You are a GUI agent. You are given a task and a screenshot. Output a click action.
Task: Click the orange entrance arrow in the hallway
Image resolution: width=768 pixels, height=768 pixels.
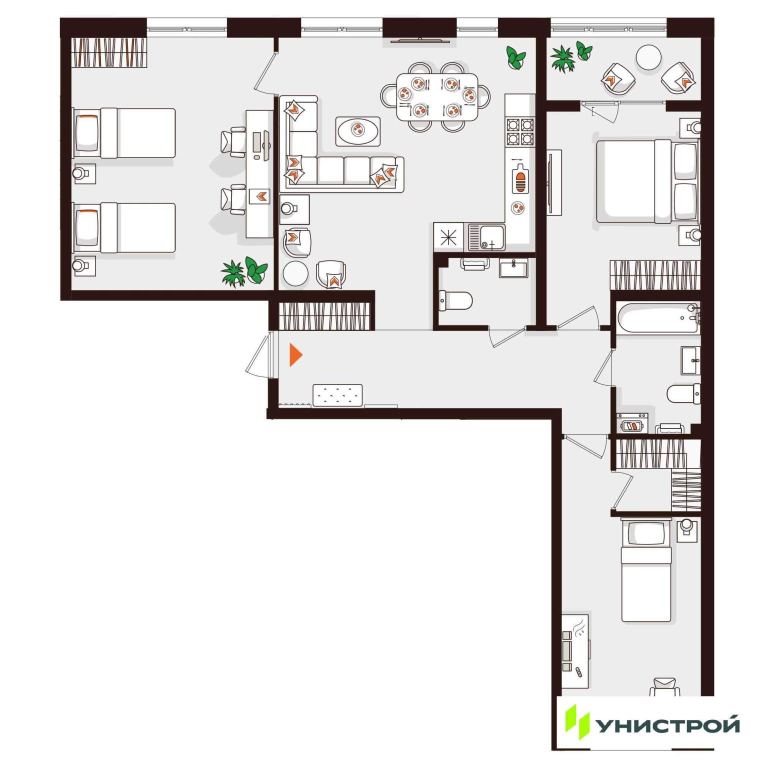[x=295, y=355]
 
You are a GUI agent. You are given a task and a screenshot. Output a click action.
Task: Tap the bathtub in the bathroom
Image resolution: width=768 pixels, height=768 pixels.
[x=658, y=318]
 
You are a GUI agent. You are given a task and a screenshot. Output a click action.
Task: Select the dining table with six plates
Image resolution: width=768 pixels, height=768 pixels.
[x=437, y=96]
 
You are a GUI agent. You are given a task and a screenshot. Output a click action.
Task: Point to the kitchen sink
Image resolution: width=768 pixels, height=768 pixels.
[x=486, y=237]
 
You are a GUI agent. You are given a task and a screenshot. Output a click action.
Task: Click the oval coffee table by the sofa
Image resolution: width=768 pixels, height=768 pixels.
[x=358, y=131]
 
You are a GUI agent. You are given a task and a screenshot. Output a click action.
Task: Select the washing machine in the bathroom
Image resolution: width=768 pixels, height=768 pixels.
[x=632, y=423]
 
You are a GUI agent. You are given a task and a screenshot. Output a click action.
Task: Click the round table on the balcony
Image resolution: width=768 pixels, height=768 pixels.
[x=648, y=58]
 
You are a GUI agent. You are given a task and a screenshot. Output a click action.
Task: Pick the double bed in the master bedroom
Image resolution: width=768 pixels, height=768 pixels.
[x=647, y=181]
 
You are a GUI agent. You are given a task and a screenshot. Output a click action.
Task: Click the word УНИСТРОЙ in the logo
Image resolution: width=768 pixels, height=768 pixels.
[x=668, y=724]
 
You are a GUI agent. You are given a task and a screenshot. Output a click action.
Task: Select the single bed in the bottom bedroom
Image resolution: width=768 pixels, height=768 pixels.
[x=645, y=570]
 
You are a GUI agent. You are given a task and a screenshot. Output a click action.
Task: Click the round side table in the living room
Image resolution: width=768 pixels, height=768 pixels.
[x=295, y=273]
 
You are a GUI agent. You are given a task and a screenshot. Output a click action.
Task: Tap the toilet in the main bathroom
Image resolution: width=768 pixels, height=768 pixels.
[x=683, y=393]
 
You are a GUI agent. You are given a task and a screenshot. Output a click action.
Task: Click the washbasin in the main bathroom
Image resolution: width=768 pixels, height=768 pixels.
[x=690, y=360]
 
